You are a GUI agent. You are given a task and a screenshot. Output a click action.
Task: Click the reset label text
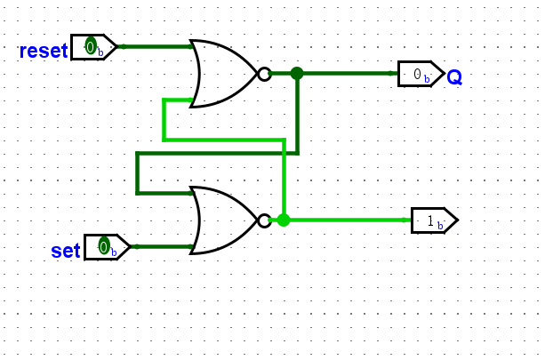coord(43,51)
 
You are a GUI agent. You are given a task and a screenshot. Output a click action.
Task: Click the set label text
coord(65,251)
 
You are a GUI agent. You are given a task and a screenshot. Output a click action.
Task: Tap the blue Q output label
coord(454,77)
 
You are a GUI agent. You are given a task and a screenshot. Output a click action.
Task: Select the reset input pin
coord(93,46)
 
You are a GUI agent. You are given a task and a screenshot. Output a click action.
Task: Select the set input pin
coord(106,246)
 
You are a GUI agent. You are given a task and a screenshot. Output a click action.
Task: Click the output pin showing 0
coord(420,74)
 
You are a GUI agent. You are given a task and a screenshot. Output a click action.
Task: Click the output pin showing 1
coord(433,220)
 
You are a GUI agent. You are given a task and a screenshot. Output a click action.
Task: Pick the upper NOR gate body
coord(222,74)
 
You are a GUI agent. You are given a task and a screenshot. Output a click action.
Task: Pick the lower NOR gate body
coord(222,220)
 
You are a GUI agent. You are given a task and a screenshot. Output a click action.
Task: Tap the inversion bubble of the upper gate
coord(264,74)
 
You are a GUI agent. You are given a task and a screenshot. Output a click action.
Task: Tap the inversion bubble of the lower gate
coord(264,220)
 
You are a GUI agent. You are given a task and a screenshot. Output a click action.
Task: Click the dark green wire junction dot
coord(297,74)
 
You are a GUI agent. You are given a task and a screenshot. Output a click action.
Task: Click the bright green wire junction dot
coord(284,220)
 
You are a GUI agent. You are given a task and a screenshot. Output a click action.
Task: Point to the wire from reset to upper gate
coord(156,46)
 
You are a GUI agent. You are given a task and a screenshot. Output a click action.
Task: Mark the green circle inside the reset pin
coord(90,46)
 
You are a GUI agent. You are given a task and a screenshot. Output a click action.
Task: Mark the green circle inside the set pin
coord(103,246)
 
